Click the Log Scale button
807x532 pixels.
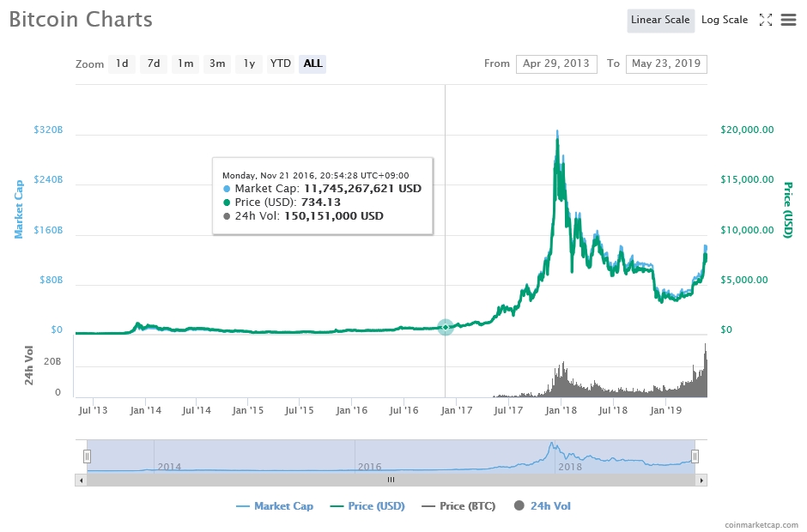[x=724, y=20]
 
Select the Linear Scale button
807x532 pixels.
[x=660, y=20]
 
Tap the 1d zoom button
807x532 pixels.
[x=122, y=63]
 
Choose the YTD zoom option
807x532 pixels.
[x=280, y=63]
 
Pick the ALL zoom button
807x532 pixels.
[x=312, y=63]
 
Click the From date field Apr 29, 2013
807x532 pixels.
[x=556, y=63]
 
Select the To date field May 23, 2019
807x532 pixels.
[x=666, y=63]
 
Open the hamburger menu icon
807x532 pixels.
[x=788, y=20]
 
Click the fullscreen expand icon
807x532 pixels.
[x=766, y=20]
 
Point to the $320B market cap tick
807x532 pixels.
[x=48, y=130]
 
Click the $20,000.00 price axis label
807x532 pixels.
[x=746, y=130]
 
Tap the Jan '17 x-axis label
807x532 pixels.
[x=454, y=410]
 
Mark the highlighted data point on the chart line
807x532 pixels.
[x=445, y=327]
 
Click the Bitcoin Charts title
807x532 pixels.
[x=81, y=20]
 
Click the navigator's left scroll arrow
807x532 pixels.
[x=82, y=480]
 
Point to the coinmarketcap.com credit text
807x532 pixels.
[x=761, y=523]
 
